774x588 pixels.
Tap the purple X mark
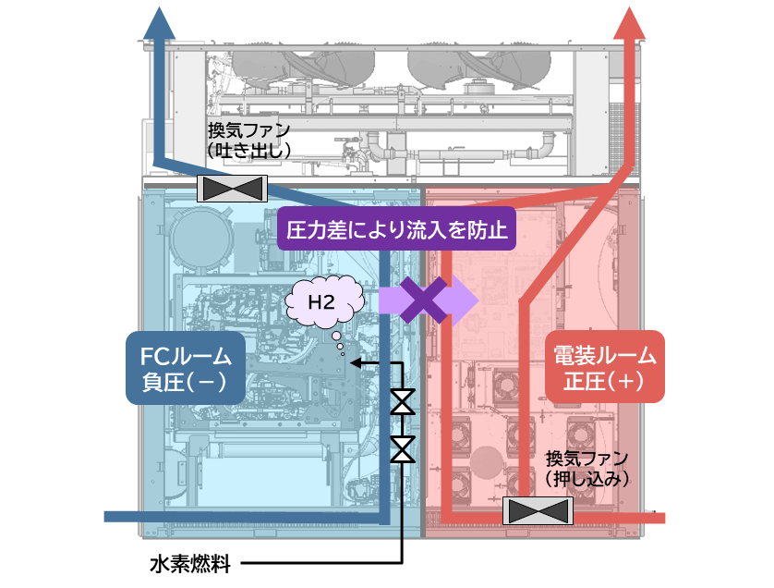[424, 300]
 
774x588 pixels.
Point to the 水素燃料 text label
[189, 563]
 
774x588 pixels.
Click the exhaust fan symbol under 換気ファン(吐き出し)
[233, 189]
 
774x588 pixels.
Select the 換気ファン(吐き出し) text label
[249, 140]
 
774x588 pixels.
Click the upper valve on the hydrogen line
[403, 403]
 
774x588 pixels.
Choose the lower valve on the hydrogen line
[403, 449]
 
